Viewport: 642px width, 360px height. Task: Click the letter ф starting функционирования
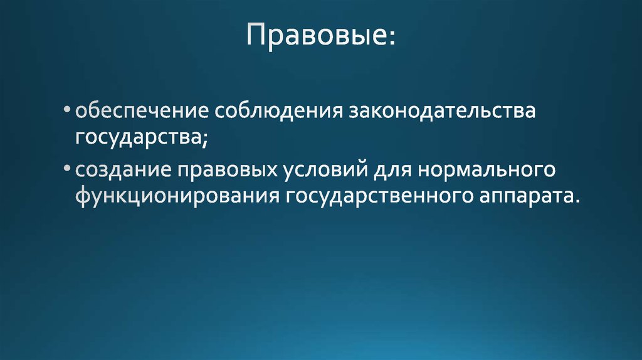[x=82, y=196]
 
